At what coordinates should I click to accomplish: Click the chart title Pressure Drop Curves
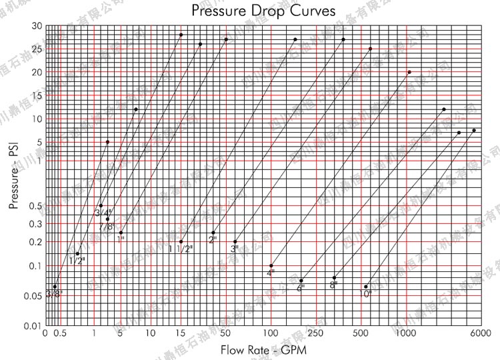(x=263, y=11)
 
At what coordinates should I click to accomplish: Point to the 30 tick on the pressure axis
(x=37, y=26)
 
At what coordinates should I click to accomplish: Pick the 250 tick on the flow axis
(x=315, y=333)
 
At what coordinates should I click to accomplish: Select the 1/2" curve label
(x=77, y=261)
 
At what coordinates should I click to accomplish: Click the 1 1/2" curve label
(x=180, y=249)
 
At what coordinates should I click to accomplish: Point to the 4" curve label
(x=271, y=273)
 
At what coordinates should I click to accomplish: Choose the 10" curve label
(x=365, y=293)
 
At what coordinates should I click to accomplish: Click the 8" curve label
(x=333, y=285)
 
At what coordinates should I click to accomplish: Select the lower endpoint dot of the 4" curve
(x=271, y=266)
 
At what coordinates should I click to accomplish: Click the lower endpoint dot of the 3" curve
(x=235, y=241)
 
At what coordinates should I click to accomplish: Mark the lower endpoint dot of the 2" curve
(x=213, y=233)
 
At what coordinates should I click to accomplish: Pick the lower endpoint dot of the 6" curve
(x=301, y=280)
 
